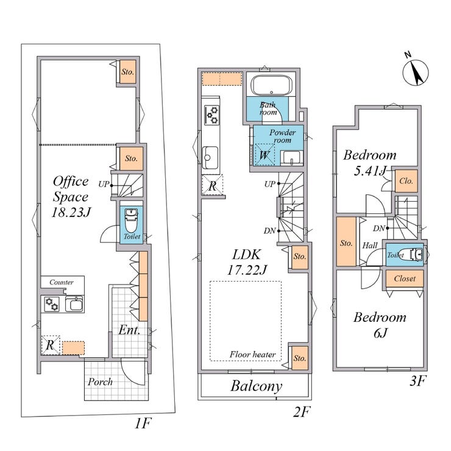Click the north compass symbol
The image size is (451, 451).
pos(415,73)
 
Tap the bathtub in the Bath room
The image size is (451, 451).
pos(271,85)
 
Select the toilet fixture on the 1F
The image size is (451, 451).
pos(131,221)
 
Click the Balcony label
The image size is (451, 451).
pos(256,386)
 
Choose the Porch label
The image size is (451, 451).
pos(100,382)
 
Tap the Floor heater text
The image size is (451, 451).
pos(252,354)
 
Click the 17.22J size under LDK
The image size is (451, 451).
pos(247,270)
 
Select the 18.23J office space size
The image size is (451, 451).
pos(71,212)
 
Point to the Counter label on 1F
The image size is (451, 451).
pos(62,282)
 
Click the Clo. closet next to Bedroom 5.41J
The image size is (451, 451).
pos(406,181)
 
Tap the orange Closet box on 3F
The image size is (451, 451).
pos(405,279)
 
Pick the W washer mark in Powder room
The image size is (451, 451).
pos(264,155)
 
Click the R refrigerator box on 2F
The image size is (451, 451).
pos(213,185)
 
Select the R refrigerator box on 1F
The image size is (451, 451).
pos(51,345)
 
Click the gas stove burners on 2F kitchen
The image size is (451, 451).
pos(212,115)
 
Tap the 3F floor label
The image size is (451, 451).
pos(417,381)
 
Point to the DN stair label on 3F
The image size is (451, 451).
pos(379,229)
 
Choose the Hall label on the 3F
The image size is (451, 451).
pos(369,246)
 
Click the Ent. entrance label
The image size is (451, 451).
pos(129,330)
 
